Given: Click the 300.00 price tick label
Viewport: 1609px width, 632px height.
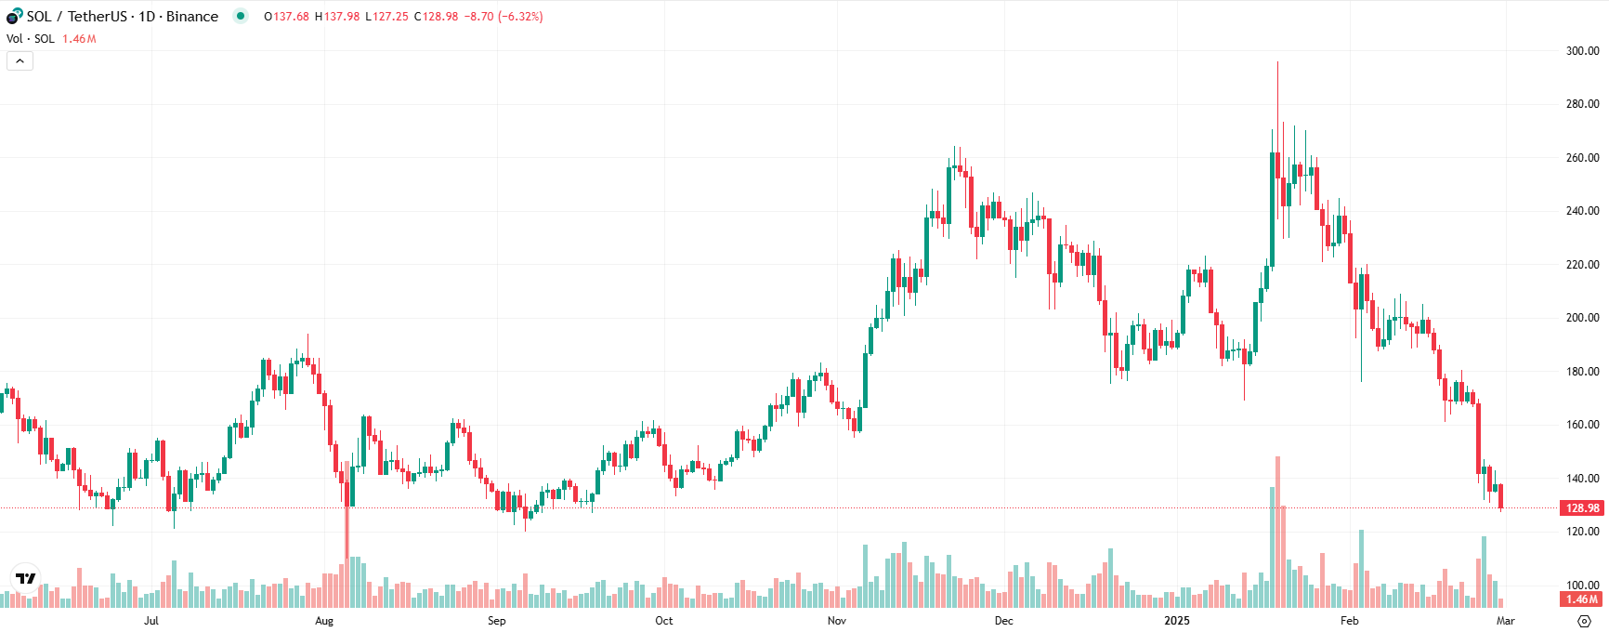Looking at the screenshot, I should (1582, 51).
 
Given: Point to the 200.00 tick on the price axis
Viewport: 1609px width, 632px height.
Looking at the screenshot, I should (1582, 318).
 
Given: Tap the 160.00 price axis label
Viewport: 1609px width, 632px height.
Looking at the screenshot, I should (1582, 425).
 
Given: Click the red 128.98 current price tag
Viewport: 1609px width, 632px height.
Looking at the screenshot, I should (1582, 508).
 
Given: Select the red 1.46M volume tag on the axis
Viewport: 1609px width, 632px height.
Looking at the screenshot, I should (1582, 599).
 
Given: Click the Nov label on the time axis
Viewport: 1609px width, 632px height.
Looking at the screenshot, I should (837, 621).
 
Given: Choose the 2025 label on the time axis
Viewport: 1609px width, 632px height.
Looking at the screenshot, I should (1177, 621).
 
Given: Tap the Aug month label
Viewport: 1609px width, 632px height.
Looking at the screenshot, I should (324, 621).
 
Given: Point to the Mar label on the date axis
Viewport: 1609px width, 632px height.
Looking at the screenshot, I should (1506, 621).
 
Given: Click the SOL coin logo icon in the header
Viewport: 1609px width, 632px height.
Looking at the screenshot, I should (14, 17).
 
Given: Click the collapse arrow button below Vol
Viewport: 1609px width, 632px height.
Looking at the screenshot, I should (20, 61).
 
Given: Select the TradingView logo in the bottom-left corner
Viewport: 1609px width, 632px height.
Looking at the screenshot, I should (26, 578).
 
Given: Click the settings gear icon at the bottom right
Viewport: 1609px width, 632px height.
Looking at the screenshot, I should (1585, 621).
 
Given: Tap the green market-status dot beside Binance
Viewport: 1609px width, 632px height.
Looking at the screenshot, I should (241, 16).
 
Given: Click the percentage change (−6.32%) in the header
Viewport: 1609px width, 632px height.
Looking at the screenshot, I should (521, 17).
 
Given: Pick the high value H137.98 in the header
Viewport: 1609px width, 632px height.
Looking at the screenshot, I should (337, 17).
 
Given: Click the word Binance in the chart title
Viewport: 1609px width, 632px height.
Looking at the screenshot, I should (192, 17).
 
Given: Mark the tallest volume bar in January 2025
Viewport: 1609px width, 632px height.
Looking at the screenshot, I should (1278, 530).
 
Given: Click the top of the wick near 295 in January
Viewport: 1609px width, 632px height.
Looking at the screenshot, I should (1278, 63).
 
